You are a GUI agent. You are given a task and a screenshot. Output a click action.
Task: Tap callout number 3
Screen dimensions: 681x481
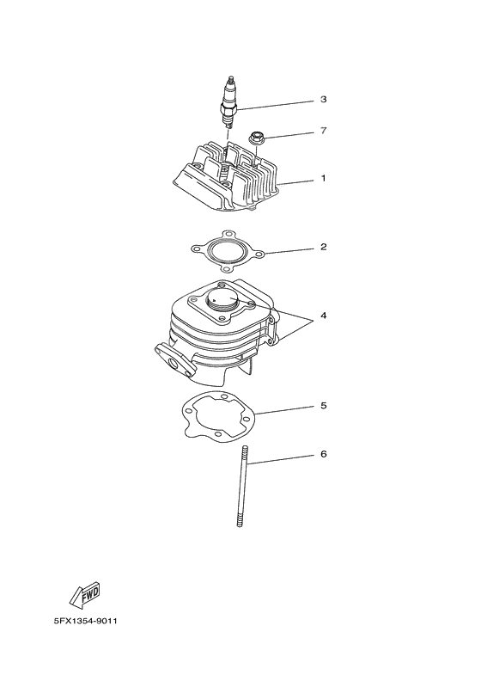coord(323,100)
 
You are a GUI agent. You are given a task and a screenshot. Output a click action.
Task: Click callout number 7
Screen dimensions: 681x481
coord(323,132)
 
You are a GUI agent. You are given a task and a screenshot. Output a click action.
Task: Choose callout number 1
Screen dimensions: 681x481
coord(323,179)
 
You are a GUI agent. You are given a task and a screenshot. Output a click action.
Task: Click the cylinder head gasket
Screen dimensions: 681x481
coord(227,250)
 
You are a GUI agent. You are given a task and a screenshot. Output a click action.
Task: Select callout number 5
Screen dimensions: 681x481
coord(323,404)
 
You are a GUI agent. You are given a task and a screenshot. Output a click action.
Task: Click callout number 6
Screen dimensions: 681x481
coord(323,453)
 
